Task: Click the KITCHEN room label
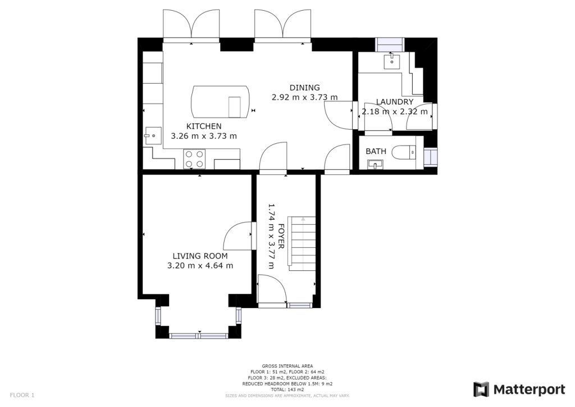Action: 204,126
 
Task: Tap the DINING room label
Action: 304,87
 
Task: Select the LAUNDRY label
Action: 395,102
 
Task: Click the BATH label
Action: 376,151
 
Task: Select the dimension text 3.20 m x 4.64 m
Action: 200,266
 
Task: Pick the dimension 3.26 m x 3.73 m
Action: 204,136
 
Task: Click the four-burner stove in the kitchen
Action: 194,159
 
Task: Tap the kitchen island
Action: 221,101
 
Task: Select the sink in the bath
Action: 375,164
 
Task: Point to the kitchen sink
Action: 150,134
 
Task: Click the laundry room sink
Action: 390,60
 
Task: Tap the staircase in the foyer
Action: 301,242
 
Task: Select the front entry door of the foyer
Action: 272,290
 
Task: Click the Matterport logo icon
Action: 481,390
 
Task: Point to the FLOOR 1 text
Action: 22,395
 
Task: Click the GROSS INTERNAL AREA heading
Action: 287,366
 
